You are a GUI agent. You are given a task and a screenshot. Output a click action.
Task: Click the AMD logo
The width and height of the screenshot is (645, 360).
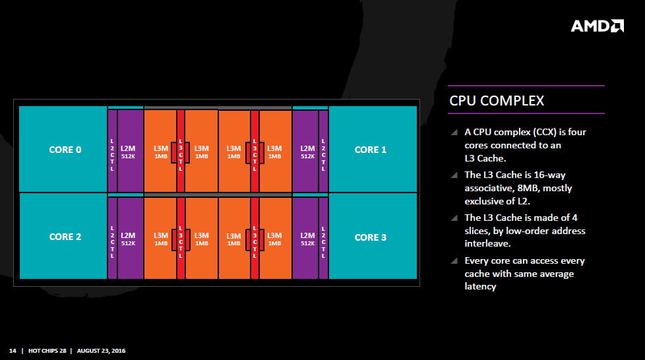click(x=597, y=26)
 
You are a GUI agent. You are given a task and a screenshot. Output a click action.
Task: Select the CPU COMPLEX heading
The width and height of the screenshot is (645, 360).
click(x=497, y=100)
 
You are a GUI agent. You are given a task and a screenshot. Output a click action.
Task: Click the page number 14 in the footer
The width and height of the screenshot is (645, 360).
click(x=13, y=350)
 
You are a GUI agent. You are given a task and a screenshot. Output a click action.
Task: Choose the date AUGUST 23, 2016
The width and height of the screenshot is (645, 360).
click(x=101, y=350)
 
